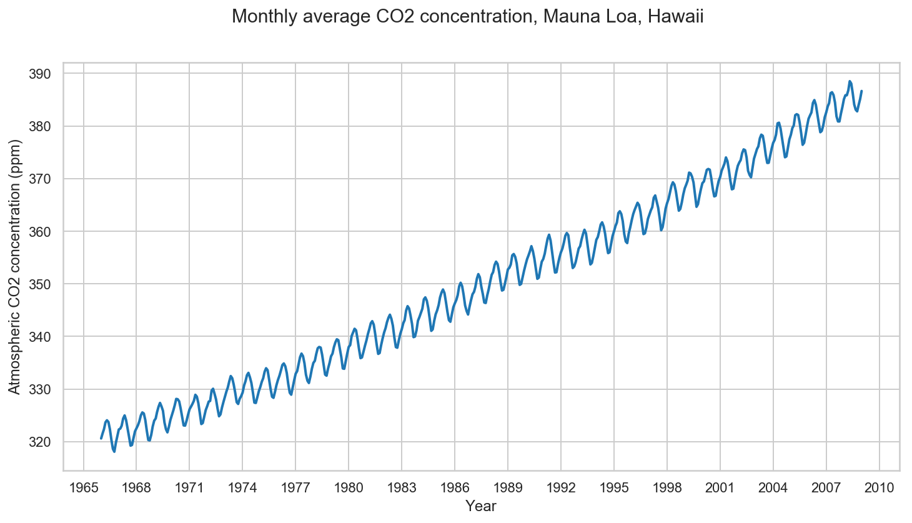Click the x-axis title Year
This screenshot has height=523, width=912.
click(481, 506)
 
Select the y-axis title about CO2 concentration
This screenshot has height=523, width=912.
click(15, 267)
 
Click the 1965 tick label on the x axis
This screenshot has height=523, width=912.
click(83, 487)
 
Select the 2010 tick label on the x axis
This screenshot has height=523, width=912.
click(880, 487)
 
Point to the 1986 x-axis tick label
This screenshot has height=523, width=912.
click(455, 487)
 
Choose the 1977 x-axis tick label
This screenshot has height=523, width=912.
click(295, 487)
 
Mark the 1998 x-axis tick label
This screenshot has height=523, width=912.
click(667, 487)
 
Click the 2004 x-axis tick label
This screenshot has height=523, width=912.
click(773, 487)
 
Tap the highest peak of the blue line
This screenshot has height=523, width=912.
click(850, 81)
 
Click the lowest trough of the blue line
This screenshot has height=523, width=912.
click(114, 451)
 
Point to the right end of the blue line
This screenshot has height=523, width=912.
click(861, 91)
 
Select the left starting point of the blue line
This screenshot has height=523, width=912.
click(101, 438)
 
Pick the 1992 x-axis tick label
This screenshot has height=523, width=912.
click(561, 487)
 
